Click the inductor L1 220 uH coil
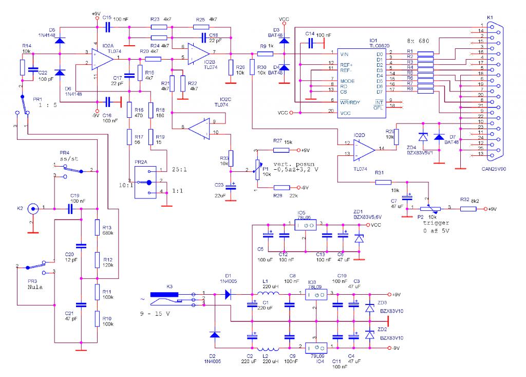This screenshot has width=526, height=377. [x=271, y=295]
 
